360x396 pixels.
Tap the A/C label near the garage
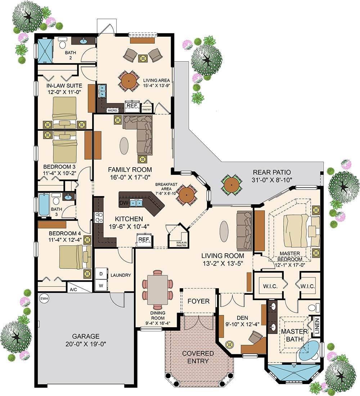[73, 289]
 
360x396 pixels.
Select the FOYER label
[198, 301]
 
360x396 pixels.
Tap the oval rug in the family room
[123, 146]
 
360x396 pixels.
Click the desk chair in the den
[256, 337]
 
